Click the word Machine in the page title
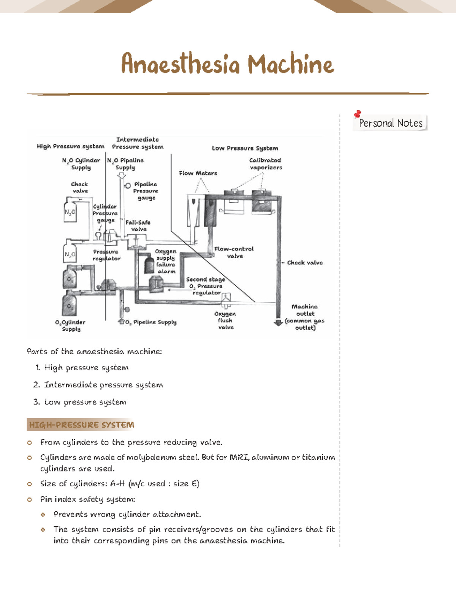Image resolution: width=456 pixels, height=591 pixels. [x=291, y=64]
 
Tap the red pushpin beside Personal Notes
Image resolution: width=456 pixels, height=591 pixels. [x=357, y=114]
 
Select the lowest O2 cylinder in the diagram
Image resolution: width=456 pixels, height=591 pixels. [x=70, y=304]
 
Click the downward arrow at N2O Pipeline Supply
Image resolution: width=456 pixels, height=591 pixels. [x=121, y=175]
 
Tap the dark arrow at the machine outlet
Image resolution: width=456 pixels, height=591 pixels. [x=278, y=322]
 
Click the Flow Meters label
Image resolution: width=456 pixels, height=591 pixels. [x=198, y=173]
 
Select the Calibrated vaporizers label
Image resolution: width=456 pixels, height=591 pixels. [x=266, y=164]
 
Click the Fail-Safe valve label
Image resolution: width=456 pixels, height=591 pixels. [x=138, y=226]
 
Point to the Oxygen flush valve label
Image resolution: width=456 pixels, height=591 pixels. [x=225, y=320]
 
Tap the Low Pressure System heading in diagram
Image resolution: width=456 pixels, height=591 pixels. [x=245, y=148]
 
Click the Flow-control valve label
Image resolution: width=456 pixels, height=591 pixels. [x=234, y=252]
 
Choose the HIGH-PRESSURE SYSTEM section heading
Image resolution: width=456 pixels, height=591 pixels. [x=81, y=425]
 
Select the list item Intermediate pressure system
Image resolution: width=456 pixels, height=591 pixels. [x=103, y=385]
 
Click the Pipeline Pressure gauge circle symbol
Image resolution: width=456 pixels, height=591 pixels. [x=128, y=186]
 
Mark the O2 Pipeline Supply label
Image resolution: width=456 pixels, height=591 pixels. [x=151, y=322]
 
